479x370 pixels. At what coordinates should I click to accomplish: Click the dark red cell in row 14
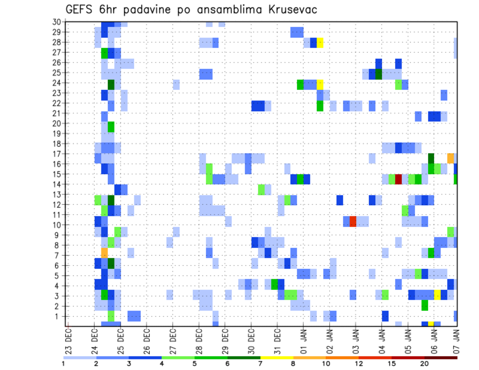(x=399, y=179)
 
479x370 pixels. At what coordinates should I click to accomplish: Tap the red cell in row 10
(x=353, y=221)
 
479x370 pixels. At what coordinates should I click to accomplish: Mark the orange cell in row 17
(x=451, y=159)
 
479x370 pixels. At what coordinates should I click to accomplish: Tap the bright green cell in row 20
(x=111, y=127)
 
